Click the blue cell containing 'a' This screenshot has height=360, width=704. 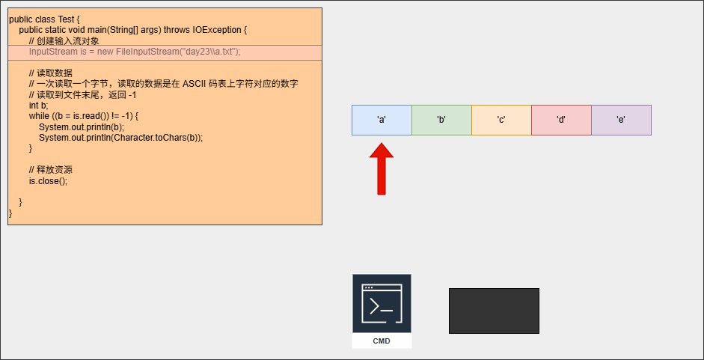[382, 120]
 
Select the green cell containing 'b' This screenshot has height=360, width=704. [441, 120]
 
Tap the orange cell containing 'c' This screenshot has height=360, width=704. [501, 120]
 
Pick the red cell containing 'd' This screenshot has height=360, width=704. [561, 120]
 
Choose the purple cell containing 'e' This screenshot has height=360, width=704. [621, 120]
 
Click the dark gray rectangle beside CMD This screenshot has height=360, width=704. [494, 311]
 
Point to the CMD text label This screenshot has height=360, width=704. [382, 341]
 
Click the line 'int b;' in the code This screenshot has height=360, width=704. [38, 106]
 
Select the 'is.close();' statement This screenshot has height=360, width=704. [48, 181]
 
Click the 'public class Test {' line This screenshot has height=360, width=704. [44, 19]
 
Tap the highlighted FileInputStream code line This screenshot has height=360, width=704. [135, 52]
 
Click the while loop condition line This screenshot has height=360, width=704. [84, 117]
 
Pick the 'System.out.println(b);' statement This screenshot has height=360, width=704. [82, 127]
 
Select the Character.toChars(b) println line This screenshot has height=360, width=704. [120, 138]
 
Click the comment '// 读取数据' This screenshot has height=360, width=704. [50, 73]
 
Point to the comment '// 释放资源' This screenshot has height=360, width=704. [50, 170]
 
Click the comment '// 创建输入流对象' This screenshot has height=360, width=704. [64, 41]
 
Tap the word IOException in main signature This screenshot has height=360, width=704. [216, 30]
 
